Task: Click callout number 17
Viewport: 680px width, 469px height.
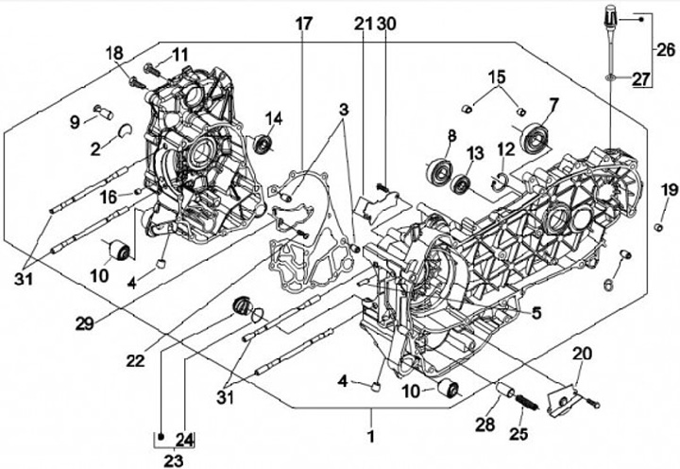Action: click(x=303, y=23)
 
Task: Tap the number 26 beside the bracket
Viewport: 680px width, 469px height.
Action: click(x=667, y=48)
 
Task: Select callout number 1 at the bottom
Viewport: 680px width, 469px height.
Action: click(x=371, y=438)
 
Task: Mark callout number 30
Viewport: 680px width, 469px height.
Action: click(x=387, y=23)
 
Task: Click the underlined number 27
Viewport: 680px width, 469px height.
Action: click(x=641, y=80)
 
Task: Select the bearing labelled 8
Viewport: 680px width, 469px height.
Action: click(x=440, y=170)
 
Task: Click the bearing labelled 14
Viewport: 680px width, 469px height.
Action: click(x=265, y=145)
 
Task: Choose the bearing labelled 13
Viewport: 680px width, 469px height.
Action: click(x=463, y=184)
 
